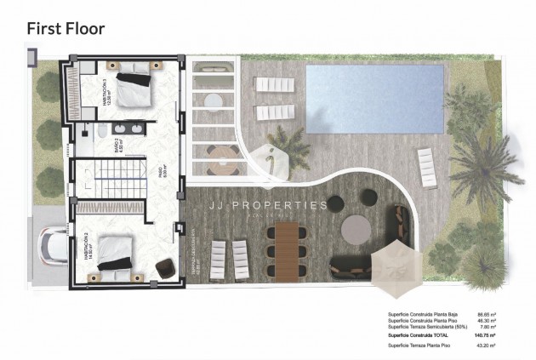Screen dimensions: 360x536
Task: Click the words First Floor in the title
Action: (x=66, y=28)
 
